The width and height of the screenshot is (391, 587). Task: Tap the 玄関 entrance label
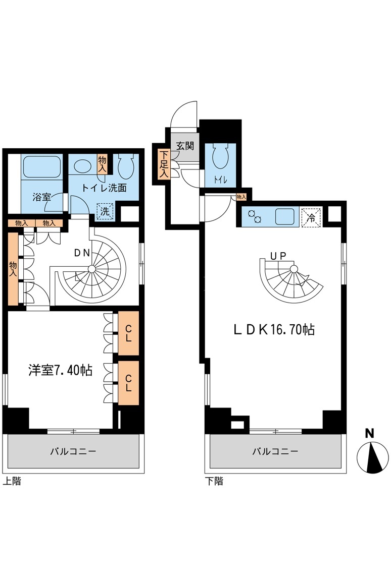click(x=185, y=146)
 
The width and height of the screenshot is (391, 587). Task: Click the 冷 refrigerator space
click(x=311, y=217)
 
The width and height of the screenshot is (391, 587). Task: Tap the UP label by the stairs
click(x=278, y=256)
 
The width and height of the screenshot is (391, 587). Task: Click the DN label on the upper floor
click(x=82, y=253)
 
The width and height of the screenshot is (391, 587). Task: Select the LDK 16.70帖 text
click(x=274, y=329)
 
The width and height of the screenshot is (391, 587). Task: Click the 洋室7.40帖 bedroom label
click(x=60, y=370)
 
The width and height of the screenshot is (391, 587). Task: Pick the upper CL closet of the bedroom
click(x=129, y=333)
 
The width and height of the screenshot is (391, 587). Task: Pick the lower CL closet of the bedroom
click(x=129, y=383)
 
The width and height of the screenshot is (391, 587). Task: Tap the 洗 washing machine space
click(x=106, y=211)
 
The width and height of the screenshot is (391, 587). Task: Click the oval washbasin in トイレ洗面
click(x=82, y=165)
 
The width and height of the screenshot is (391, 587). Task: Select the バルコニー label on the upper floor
click(x=73, y=451)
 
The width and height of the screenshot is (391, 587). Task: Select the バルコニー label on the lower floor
click(x=275, y=451)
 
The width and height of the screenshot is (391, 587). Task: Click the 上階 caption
click(x=12, y=481)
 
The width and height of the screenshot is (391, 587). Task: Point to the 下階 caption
click(x=214, y=481)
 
